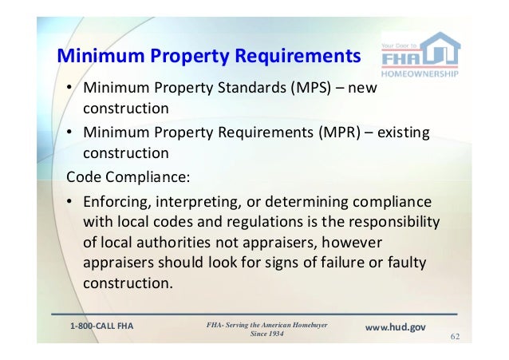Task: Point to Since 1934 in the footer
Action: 266,334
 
